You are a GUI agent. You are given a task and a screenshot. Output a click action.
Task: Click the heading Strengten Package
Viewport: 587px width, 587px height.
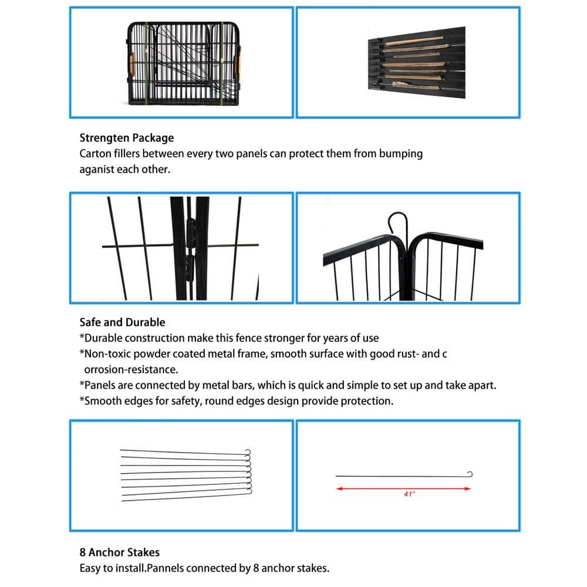coord(127,139)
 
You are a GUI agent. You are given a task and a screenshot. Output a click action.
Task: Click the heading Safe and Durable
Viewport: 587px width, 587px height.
coord(122,322)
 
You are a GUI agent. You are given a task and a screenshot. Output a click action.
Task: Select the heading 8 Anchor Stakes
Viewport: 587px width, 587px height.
coord(119,552)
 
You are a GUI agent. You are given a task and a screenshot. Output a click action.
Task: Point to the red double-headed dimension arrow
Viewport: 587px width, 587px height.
coord(403,488)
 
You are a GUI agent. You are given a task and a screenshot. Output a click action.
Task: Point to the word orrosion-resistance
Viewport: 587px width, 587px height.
coord(130,370)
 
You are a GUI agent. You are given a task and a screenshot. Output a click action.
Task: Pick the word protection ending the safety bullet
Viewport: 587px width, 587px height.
coord(367,402)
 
